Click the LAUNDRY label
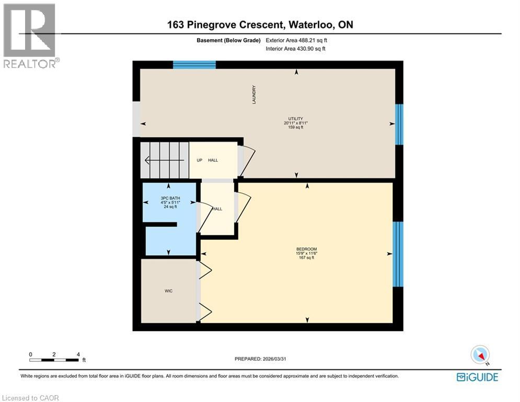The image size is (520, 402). point(254,95)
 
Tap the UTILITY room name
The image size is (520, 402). point(296,119)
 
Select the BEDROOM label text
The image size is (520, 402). point(306,249)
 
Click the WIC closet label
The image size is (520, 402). point(169,289)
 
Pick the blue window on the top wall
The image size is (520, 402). point(194,65)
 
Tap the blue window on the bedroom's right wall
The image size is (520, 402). point(398,254)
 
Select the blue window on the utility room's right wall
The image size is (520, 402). point(399,124)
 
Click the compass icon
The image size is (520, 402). point(480,355)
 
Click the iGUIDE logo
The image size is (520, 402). point(477,377)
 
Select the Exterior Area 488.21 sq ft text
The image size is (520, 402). point(296,40)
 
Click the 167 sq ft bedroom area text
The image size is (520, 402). point(306,258)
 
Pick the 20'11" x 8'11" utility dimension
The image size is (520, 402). point(296,123)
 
